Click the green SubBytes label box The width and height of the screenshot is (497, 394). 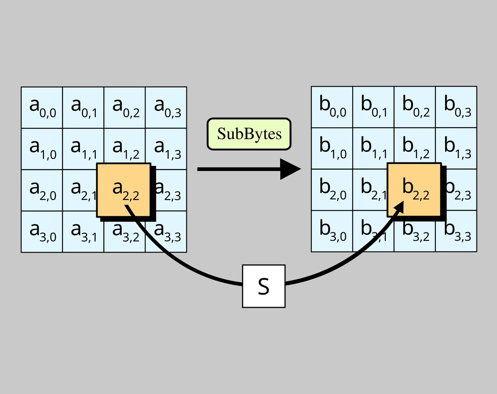pos(249,134)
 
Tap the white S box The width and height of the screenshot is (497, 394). pos(264,286)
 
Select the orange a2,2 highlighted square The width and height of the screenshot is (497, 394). pos(124,190)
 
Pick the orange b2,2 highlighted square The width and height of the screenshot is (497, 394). pos(414,190)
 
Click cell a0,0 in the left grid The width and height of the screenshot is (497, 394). pos(42,108)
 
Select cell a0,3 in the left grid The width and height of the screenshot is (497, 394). pos(166,108)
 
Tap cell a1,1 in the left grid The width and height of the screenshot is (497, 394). pos(83,149)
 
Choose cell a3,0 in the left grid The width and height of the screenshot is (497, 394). pos(42,232)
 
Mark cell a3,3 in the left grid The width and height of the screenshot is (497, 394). pos(166,232)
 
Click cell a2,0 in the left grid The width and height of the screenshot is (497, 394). pos(42,190)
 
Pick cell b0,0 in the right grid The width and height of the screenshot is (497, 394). pos(332,107)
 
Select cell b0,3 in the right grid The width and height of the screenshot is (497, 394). pos(456,107)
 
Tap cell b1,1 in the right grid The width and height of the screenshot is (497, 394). pos(373,148)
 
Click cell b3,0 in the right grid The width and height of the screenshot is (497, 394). pos(332,231)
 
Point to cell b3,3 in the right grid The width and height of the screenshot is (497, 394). pos(456,231)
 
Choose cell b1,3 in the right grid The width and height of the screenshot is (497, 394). pos(456,148)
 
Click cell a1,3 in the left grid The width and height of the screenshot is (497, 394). pos(166,149)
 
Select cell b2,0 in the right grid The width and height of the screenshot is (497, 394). pos(332,190)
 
